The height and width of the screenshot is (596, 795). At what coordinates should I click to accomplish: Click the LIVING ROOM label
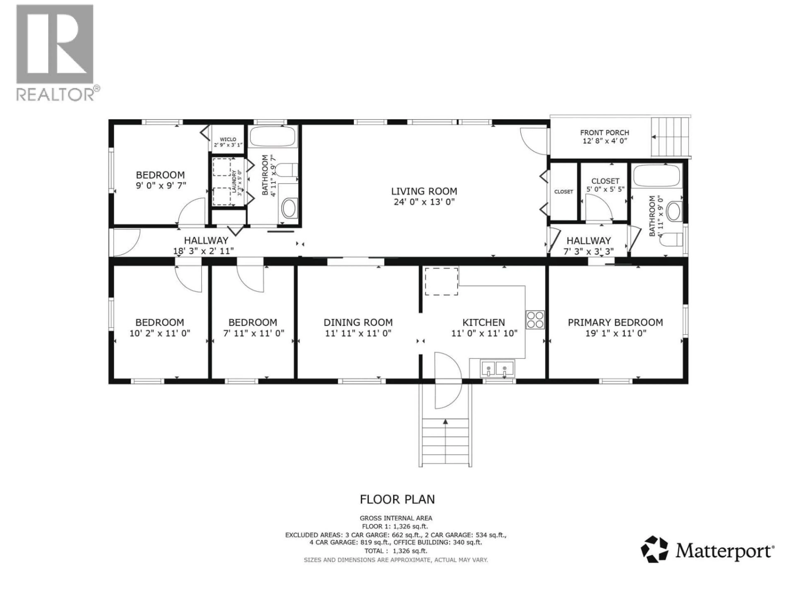424,191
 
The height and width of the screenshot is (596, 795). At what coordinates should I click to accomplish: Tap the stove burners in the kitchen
535,320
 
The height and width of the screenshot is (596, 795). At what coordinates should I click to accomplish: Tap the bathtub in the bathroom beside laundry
273,137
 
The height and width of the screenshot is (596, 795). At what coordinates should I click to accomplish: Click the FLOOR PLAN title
397,499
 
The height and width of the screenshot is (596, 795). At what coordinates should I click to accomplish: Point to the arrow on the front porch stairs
654,137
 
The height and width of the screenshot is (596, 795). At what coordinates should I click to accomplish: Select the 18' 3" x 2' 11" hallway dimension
204,251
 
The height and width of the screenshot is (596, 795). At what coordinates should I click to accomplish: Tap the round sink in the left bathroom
289,208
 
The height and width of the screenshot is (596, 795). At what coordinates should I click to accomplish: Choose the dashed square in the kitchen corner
441,281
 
